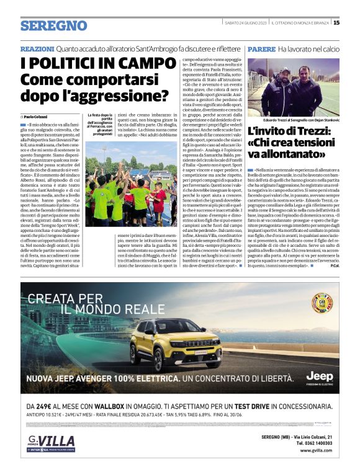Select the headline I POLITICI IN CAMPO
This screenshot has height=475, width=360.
point(98,64)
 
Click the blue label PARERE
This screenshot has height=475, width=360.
point(260,48)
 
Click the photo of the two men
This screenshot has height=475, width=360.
point(294,87)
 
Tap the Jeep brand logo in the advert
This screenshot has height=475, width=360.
point(319,376)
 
